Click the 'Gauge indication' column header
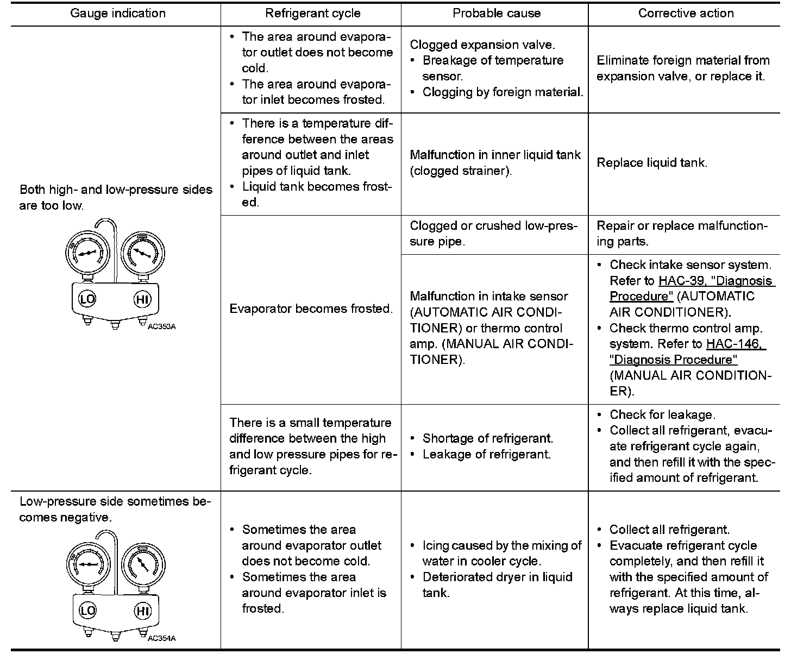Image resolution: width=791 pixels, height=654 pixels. (x=118, y=14)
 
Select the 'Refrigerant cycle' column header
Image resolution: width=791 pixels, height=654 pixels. (x=312, y=14)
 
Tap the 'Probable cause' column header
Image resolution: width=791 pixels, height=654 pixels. (x=497, y=14)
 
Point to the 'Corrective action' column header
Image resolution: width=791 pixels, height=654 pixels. (x=686, y=14)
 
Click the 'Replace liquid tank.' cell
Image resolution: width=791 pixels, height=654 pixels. (x=652, y=162)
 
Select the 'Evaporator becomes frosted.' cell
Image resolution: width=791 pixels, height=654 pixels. (x=311, y=309)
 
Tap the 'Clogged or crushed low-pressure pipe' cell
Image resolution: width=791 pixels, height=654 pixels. (x=494, y=234)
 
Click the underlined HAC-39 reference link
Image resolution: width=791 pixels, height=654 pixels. (x=715, y=281)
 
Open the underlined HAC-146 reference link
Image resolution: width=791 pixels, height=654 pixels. (x=735, y=344)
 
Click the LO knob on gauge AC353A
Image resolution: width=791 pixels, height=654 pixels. (x=87, y=299)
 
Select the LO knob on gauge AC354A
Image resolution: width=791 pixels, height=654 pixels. (x=87, y=610)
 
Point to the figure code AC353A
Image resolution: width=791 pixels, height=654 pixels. (x=162, y=327)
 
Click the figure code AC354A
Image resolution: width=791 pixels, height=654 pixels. (x=162, y=638)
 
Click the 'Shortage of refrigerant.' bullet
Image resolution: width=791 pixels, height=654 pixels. (x=487, y=438)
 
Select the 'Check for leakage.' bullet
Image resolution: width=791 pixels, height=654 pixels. (x=662, y=415)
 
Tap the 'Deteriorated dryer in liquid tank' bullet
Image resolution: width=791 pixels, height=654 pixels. (x=497, y=584)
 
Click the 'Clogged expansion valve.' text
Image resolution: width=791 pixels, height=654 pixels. (x=482, y=45)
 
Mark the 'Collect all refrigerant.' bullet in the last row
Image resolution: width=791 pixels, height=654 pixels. (x=669, y=530)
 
